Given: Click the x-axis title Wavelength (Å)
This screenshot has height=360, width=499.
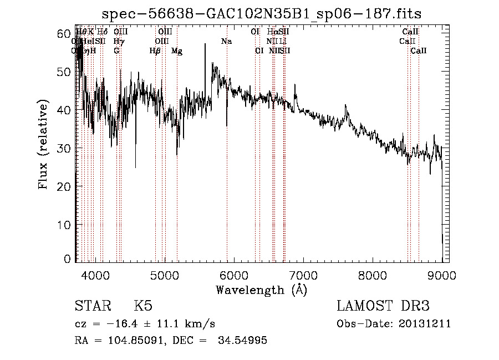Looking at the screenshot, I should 262,290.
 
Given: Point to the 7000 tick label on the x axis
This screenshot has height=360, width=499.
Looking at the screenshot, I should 303,274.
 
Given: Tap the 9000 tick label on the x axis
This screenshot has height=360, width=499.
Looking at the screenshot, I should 442,274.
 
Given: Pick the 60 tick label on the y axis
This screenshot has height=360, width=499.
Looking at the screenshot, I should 64,34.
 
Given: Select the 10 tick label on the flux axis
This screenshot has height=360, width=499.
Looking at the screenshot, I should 64,225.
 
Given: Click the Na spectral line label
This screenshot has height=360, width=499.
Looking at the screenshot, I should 226,42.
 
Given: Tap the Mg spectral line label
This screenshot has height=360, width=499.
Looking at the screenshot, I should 177,51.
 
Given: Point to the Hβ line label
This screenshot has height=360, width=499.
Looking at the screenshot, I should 155,51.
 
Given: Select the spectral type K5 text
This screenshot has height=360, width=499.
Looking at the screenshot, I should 143,306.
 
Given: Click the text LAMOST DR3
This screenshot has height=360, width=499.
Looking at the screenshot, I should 383,306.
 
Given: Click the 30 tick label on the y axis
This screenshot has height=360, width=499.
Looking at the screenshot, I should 64,149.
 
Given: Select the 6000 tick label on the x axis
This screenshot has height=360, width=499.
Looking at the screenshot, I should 233,274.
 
